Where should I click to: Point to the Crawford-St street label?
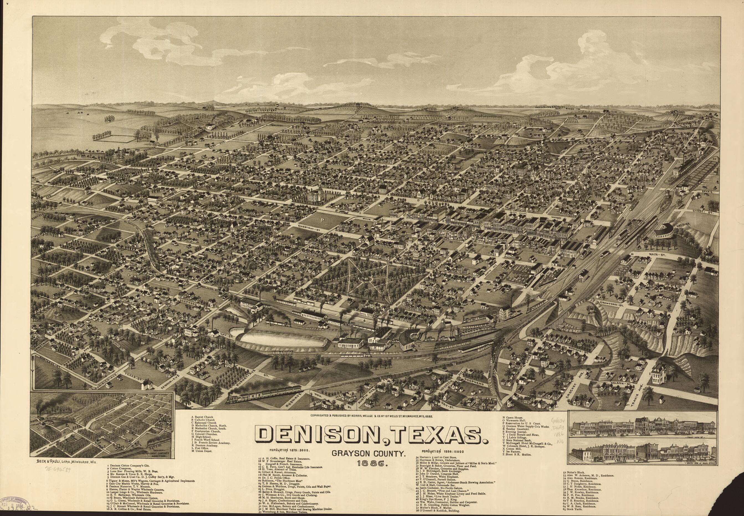(611, 304)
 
